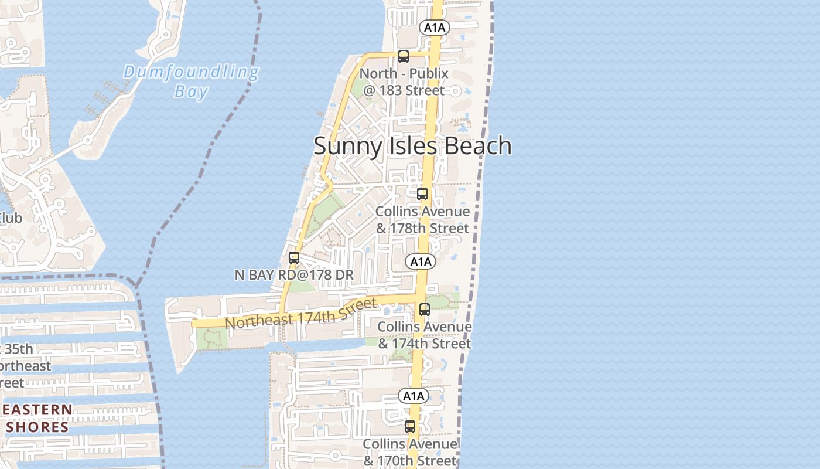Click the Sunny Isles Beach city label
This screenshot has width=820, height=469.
pyautogui.click(x=412, y=145)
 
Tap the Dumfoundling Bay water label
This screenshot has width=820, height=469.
pyautogui.click(x=192, y=81)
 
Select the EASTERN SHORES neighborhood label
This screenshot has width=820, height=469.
pyautogui.click(x=38, y=418)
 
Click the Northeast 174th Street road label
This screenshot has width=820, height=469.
pyautogui.click(x=300, y=314)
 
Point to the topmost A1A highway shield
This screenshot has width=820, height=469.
pyautogui.click(x=435, y=27)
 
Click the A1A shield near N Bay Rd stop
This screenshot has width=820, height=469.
pyautogui.click(x=421, y=261)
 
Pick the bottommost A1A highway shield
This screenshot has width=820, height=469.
pyautogui.click(x=414, y=396)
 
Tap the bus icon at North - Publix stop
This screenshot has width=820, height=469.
pyautogui.click(x=403, y=56)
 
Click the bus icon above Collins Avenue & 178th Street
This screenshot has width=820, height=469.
pyautogui.click(x=422, y=194)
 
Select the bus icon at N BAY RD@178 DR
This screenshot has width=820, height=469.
pyautogui.click(x=294, y=258)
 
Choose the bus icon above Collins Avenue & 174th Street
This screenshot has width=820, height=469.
pyautogui.click(x=425, y=310)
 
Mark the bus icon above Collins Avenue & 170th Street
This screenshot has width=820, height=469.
pyautogui.click(x=410, y=427)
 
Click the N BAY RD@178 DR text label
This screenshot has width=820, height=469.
pyautogui.click(x=294, y=275)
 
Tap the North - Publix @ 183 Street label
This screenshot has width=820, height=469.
pyautogui.click(x=404, y=82)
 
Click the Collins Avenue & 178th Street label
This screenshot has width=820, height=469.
pyautogui.click(x=422, y=219)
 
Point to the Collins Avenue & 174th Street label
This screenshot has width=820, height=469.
pyautogui.click(x=425, y=335)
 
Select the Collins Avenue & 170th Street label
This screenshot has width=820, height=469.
pyautogui.click(x=410, y=452)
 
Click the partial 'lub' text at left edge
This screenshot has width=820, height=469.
pyautogui.click(x=11, y=218)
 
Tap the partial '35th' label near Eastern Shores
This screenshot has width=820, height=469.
pyautogui.click(x=19, y=349)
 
